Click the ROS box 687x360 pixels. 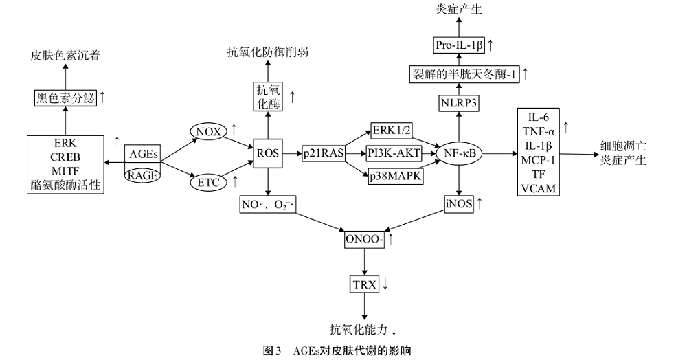(x=267, y=154)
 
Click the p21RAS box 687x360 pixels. (x=323, y=154)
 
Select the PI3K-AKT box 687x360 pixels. (x=394, y=154)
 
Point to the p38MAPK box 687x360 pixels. (x=396, y=177)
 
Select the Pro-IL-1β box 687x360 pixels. (x=460, y=46)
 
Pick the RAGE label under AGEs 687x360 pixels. (x=144, y=175)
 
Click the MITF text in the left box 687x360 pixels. (x=67, y=171)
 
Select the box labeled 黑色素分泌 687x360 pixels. (x=65, y=98)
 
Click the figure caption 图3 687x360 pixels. (x=272, y=350)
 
